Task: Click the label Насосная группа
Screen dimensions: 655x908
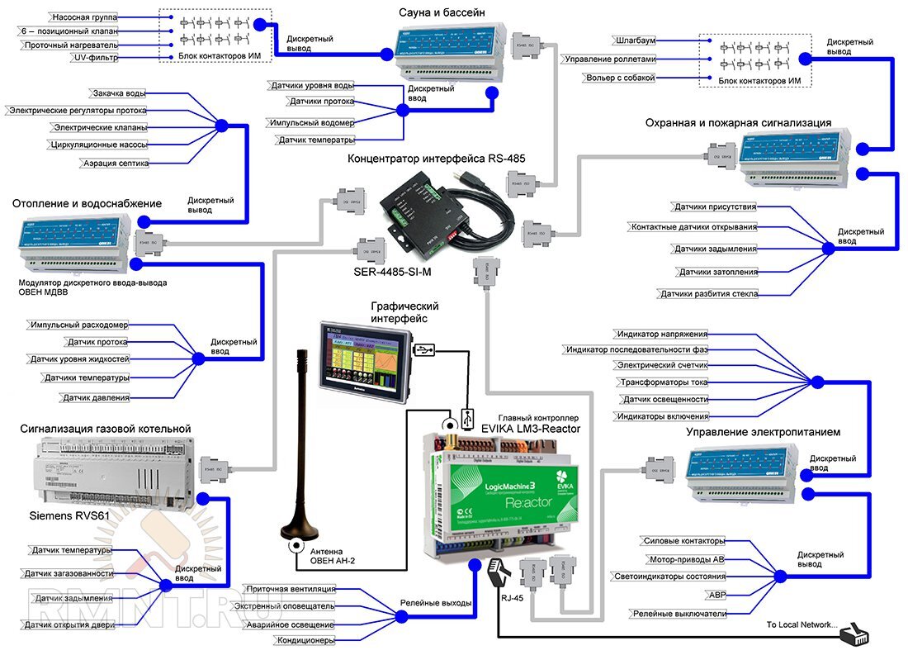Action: (x=83, y=17)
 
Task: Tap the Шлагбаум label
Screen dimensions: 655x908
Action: (x=635, y=40)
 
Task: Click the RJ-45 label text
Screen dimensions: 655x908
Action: (x=512, y=601)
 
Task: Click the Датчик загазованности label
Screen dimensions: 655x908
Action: (x=69, y=573)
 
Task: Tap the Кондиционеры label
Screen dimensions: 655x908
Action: (x=305, y=640)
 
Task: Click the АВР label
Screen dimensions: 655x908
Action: (x=716, y=595)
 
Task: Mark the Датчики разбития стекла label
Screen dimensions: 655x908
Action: (x=707, y=294)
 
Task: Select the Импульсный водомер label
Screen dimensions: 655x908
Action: (x=311, y=122)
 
